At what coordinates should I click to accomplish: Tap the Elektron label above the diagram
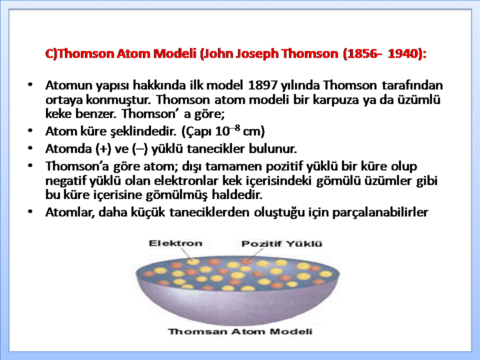coord(175,243)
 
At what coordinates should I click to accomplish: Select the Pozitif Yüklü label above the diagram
coord(281,243)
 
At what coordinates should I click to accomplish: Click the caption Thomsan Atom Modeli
coord(240,331)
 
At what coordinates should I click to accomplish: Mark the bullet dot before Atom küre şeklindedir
coord(30,131)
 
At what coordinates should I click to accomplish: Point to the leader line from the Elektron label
coord(185,253)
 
